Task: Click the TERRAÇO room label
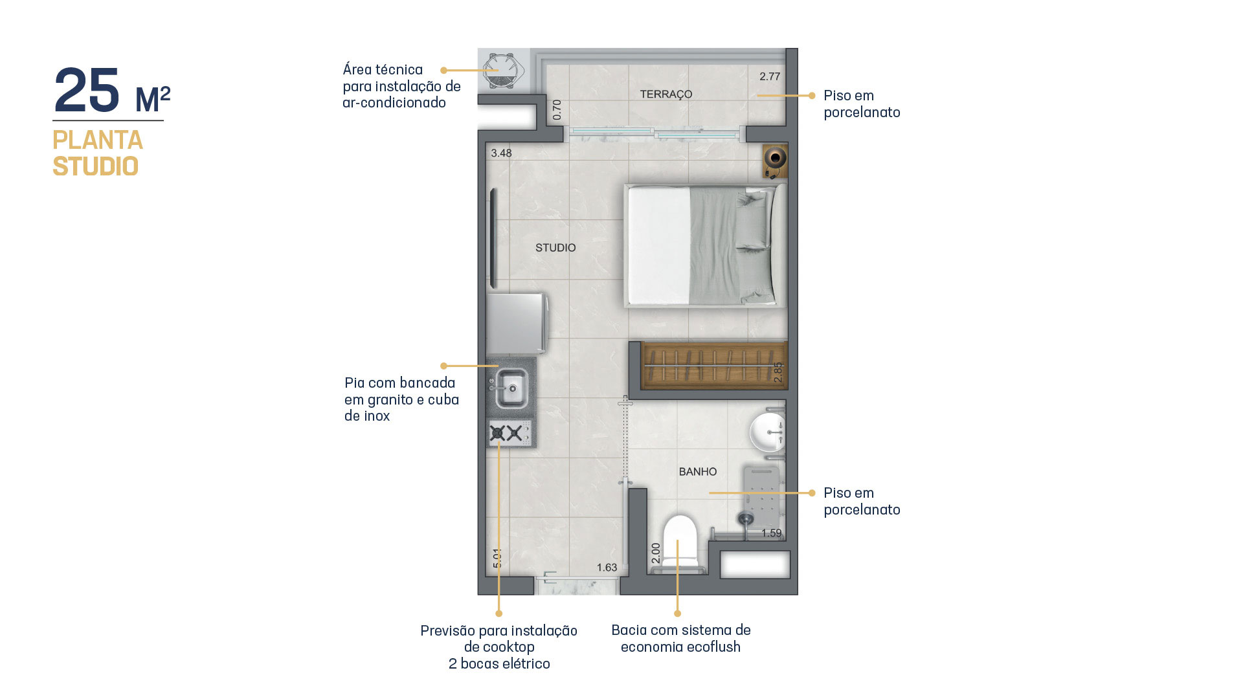666,94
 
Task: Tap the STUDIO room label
555,248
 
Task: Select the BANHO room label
698,472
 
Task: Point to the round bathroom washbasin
767,432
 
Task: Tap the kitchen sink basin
511,388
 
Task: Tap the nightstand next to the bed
775,161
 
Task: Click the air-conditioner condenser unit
502,71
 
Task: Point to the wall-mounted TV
493,238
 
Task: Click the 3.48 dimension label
501,153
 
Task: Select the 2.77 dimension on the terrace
770,76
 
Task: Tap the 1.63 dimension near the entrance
607,568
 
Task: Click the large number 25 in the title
87,91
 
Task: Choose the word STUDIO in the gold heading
96,166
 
